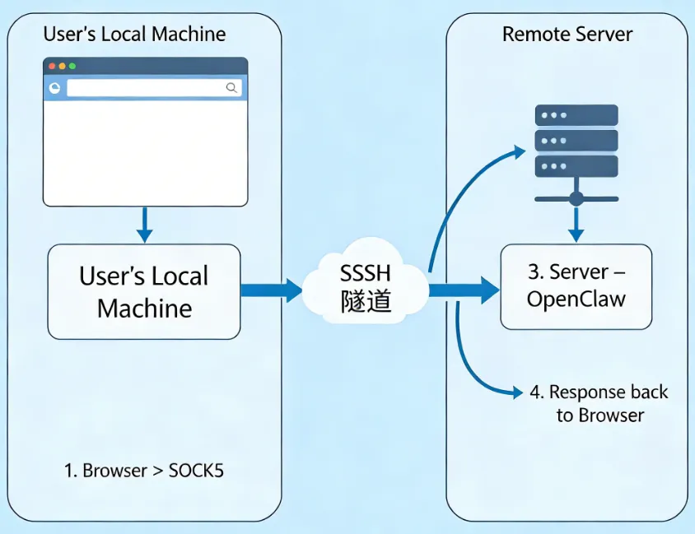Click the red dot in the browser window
(52, 66)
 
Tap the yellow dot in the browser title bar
(62, 66)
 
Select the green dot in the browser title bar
(72, 66)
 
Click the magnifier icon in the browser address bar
(231, 87)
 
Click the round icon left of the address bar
(55, 87)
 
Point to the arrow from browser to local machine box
(144, 224)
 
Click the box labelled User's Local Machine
(144, 291)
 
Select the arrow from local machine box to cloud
(271, 290)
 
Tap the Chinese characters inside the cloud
(365, 302)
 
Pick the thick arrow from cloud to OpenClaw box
(464, 290)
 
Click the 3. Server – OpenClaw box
(576, 286)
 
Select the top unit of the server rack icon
(576, 115)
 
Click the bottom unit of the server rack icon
(576, 166)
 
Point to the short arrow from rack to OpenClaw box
(576, 223)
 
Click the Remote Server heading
(567, 35)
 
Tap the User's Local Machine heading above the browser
(134, 35)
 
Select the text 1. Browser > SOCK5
(144, 471)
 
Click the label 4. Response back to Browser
(599, 403)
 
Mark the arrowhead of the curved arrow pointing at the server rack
(518, 151)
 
